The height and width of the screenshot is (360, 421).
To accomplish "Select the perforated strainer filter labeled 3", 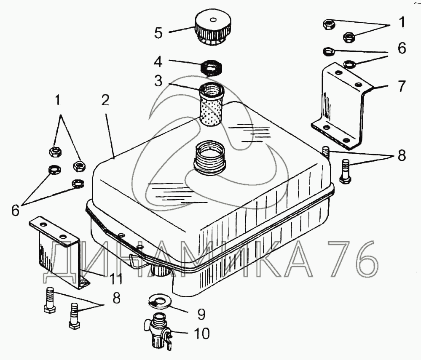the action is [211, 104].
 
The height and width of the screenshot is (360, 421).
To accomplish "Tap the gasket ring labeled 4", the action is [212, 68].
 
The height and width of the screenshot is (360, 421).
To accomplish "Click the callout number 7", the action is [401, 86].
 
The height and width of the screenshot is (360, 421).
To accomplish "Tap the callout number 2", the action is [105, 100].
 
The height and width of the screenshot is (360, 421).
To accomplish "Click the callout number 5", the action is [158, 33].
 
